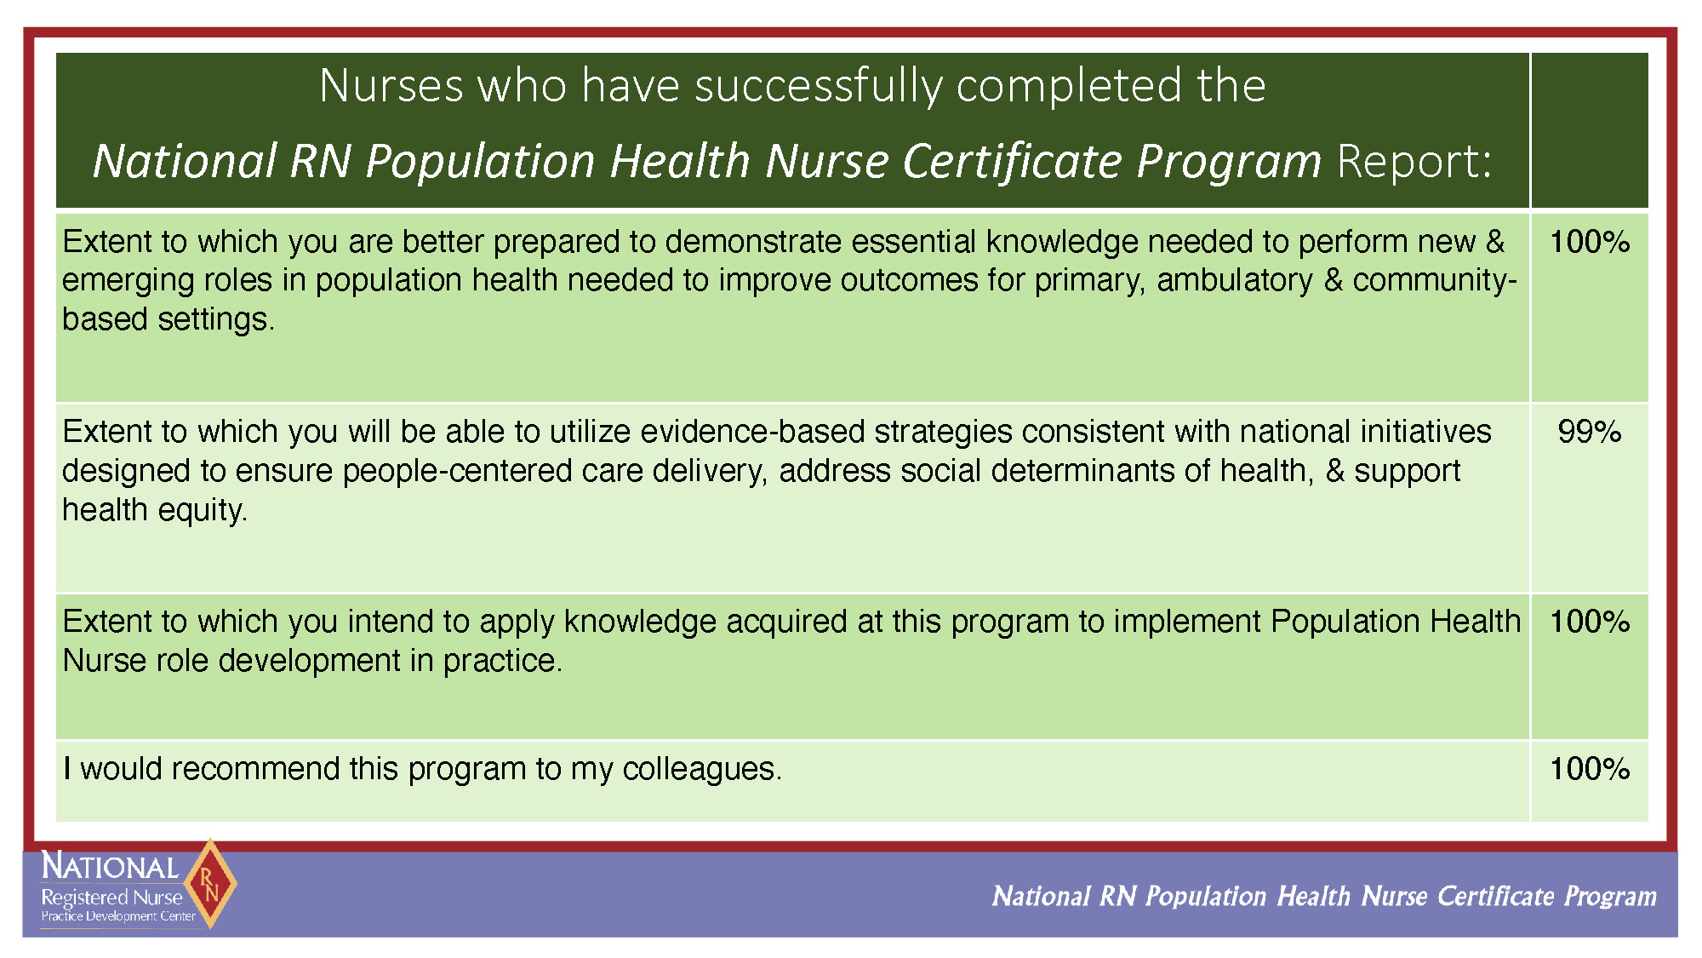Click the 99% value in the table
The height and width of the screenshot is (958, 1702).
click(1589, 432)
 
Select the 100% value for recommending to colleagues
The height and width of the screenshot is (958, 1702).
click(1589, 769)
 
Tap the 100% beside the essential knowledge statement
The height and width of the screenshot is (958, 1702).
click(1589, 242)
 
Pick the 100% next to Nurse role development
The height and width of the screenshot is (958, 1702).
click(1589, 622)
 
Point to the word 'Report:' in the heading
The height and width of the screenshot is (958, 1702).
click(1414, 160)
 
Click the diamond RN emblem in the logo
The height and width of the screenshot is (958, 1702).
click(209, 884)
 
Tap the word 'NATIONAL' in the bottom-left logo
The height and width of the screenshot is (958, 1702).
click(110, 866)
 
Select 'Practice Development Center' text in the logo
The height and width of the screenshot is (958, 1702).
click(118, 916)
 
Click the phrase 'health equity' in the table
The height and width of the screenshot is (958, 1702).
click(153, 510)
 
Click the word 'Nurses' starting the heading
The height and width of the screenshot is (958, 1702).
click(391, 86)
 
